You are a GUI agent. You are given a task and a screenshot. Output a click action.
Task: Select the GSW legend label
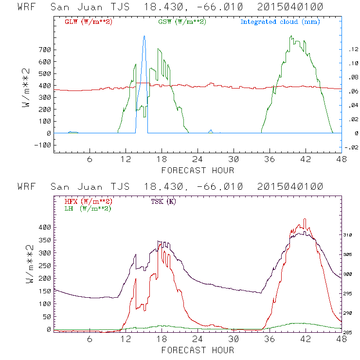point(181,22)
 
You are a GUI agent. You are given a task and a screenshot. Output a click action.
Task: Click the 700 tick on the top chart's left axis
point(45,50)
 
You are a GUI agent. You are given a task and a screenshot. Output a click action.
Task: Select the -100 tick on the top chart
point(43,145)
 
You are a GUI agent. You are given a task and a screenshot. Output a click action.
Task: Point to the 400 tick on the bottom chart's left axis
point(45,227)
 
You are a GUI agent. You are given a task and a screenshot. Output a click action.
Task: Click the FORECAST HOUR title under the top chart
point(198,170)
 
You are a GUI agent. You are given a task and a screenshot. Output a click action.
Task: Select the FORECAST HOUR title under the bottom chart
point(198,350)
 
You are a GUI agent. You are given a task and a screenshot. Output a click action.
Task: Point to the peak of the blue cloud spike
point(144,36)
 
